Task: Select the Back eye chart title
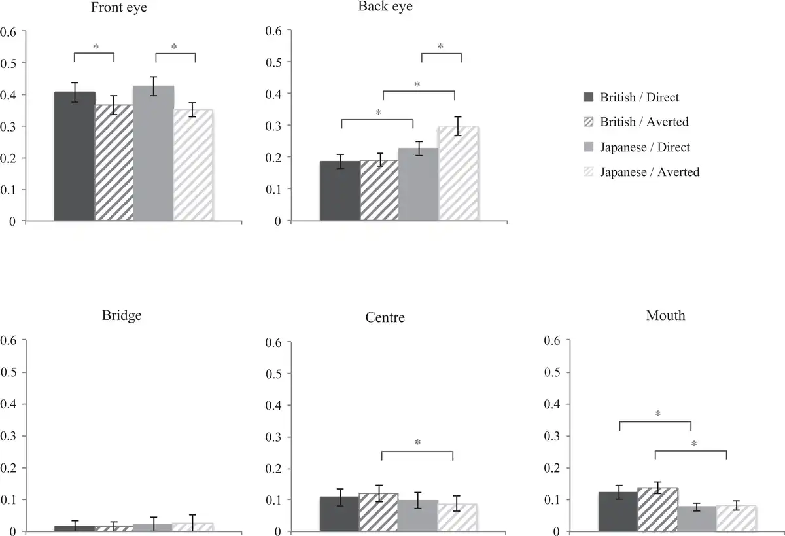pos(385,7)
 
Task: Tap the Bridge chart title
pos(122,315)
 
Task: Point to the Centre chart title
pos(385,318)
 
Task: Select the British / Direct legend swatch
pos(587,98)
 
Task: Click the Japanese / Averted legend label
pos(649,172)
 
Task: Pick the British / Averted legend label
pos(644,122)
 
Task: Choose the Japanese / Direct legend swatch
pos(587,147)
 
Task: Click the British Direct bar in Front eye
pos(75,157)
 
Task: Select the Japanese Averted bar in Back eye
pos(458,174)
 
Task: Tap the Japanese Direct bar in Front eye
pos(153,154)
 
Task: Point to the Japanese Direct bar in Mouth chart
pos(697,518)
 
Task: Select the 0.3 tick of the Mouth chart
pos(553,437)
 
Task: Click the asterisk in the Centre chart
pos(417,442)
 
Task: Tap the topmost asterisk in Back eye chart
pos(440,46)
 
